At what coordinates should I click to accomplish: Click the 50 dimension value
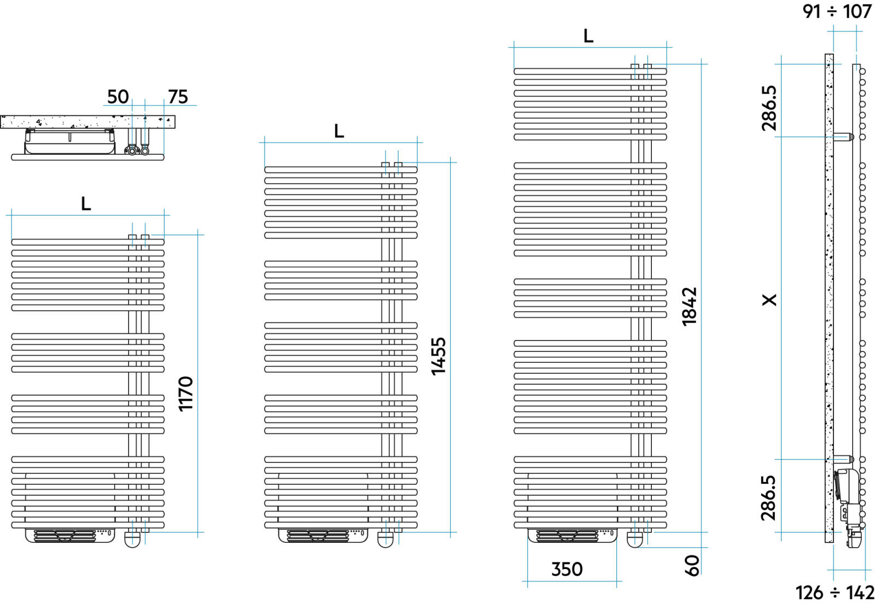click(118, 96)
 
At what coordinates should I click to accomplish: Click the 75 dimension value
click(178, 96)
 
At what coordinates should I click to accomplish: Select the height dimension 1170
click(186, 394)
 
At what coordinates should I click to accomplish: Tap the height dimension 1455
click(439, 356)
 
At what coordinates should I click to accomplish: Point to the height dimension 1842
click(690, 307)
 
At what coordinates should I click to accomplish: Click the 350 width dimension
click(567, 569)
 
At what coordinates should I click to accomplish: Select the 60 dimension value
click(692, 566)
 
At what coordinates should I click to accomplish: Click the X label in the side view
click(769, 300)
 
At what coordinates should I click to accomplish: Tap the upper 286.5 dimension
click(769, 108)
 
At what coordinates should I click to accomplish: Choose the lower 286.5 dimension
click(768, 498)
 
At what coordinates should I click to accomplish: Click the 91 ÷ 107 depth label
click(837, 11)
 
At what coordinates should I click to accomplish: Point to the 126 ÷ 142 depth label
click(835, 593)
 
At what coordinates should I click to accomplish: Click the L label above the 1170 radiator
click(86, 204)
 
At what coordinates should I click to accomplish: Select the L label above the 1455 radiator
click(339, 131)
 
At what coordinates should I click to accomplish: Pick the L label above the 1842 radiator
click(588, 36)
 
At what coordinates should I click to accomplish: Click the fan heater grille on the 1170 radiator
click(65, 536)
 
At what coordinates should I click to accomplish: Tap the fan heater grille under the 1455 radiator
click(318, 536)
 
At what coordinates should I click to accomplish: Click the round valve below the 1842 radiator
click(635, 539)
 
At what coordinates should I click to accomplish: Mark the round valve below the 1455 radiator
click(386, 539)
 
